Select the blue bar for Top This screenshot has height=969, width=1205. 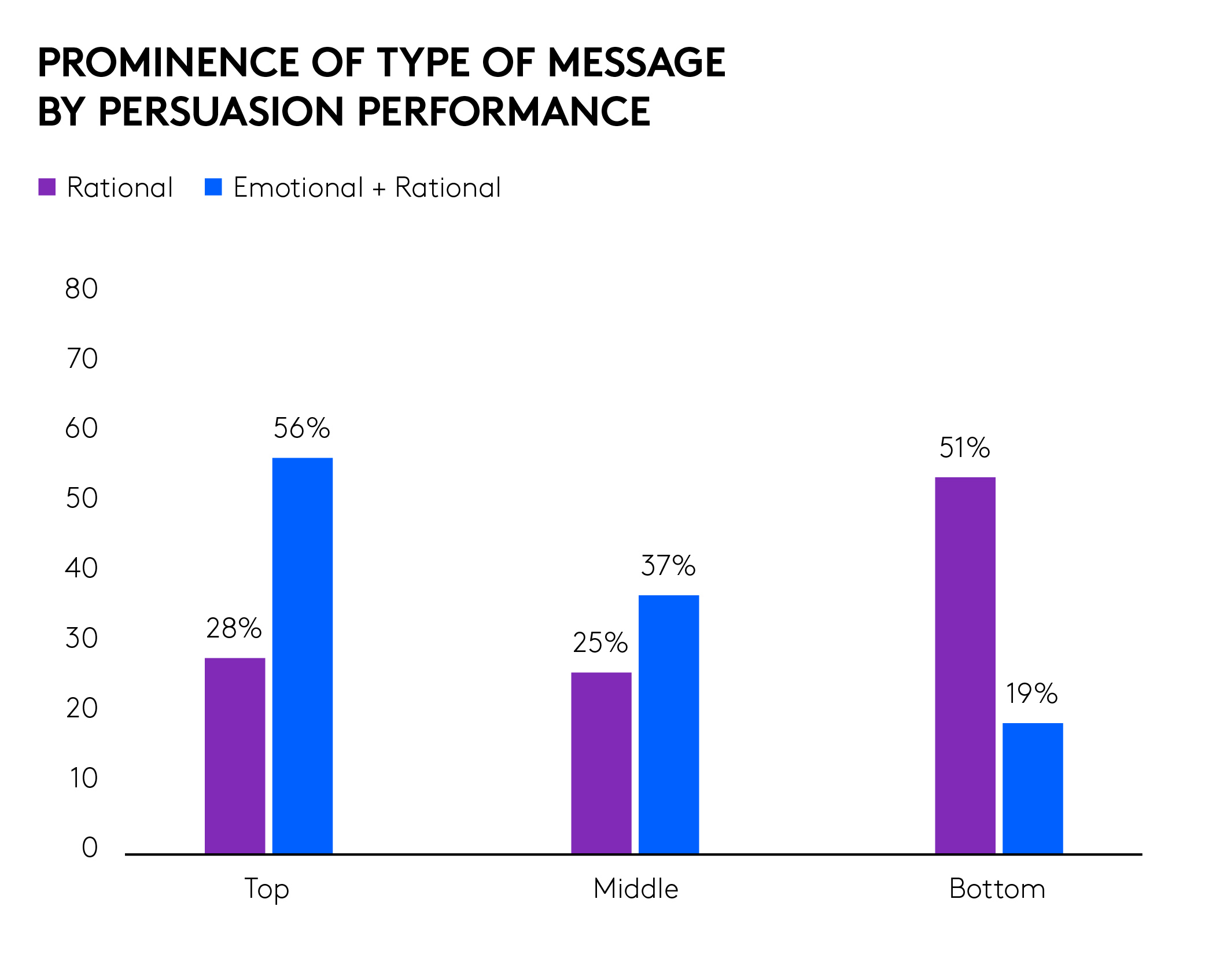click(302, 655)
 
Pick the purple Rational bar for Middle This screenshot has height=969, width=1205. click(601, 762)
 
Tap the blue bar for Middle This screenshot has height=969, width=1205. click(668, 724)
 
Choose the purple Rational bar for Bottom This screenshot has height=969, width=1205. click(965, 665)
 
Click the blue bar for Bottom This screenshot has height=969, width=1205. click(1033, 788)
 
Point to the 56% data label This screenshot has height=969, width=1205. click(301, 429)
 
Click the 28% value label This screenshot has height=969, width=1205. click(234, 628)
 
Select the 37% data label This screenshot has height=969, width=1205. click(668, 566)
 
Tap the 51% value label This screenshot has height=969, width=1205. click(964, 448)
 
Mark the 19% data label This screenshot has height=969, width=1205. click(1031, 694)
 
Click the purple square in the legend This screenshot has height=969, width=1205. click(47, 187)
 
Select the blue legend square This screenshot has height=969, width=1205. click(213, 187)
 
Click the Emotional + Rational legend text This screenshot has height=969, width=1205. click(367, 187)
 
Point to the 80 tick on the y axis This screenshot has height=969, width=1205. click(82, 289)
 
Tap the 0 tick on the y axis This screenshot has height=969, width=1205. click(90, 848)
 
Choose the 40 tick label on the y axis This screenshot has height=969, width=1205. click(82, 568)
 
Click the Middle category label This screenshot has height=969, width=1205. click(636, 889)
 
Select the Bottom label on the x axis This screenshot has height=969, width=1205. click(997, 889)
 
